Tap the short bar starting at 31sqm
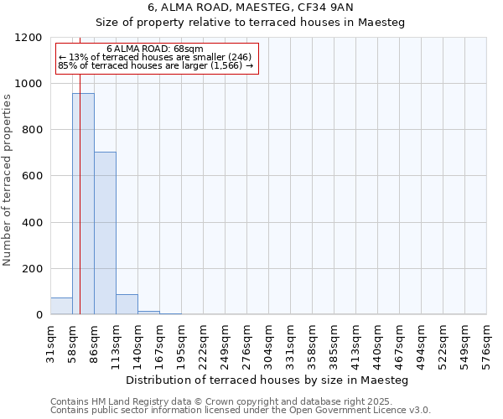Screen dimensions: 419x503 [61, 306]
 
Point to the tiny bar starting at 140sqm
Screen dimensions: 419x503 [148, 313]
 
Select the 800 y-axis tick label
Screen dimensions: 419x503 [31, 130]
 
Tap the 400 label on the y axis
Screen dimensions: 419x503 [31, 223]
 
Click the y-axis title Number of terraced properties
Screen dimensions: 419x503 [8, 180]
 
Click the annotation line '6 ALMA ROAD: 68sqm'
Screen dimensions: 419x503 [155, 49]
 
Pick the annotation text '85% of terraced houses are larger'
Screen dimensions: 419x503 [155, 65]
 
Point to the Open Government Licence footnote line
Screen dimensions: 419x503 [239, 411]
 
